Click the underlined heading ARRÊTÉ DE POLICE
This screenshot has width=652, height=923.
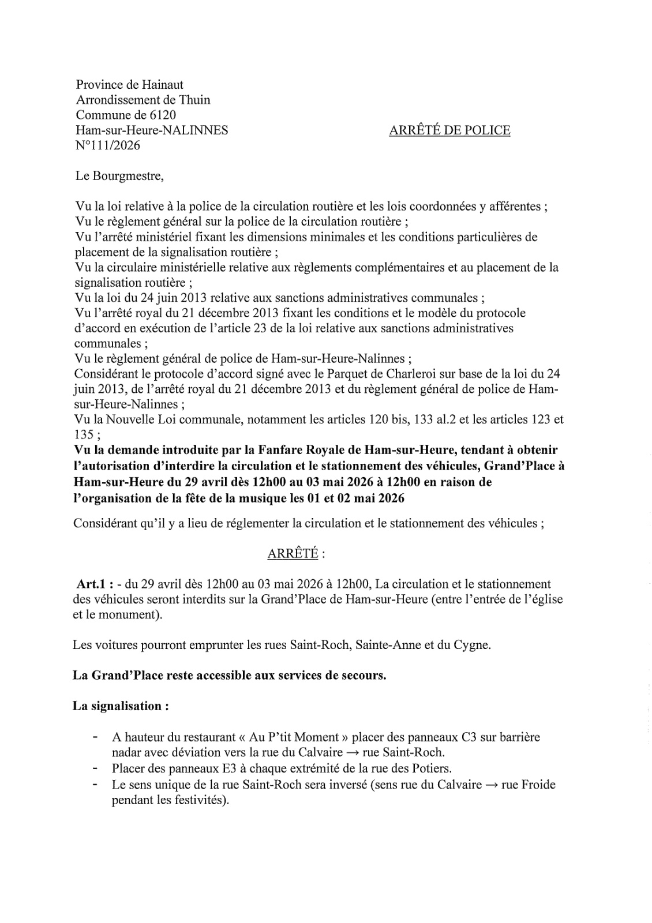[449, 130]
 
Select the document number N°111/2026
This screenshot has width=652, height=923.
[108, 145]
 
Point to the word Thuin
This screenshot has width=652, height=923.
[194, 100]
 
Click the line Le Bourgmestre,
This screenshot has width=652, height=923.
[119, 176]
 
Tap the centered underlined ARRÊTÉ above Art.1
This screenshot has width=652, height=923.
[293, 554]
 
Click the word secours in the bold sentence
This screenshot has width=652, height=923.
[362, 676]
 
